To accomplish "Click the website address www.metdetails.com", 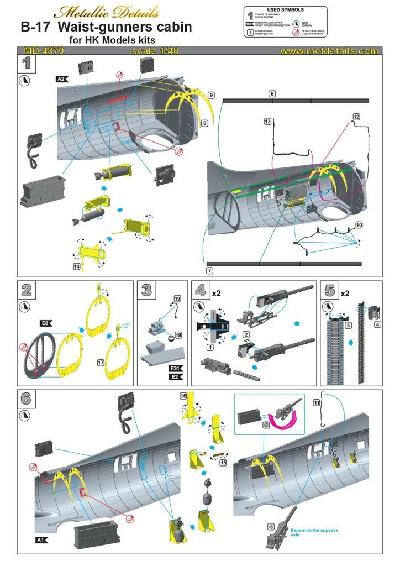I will (329, 51).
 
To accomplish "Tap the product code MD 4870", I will (44, 51).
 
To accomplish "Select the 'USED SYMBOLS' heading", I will (285, 10).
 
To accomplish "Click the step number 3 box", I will (146, 290).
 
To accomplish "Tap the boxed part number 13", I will (268, 121).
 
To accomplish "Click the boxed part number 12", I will (356, 117).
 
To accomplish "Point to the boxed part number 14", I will (80, 266).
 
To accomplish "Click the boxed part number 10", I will (359, 225).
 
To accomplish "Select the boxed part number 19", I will (177, 299).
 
